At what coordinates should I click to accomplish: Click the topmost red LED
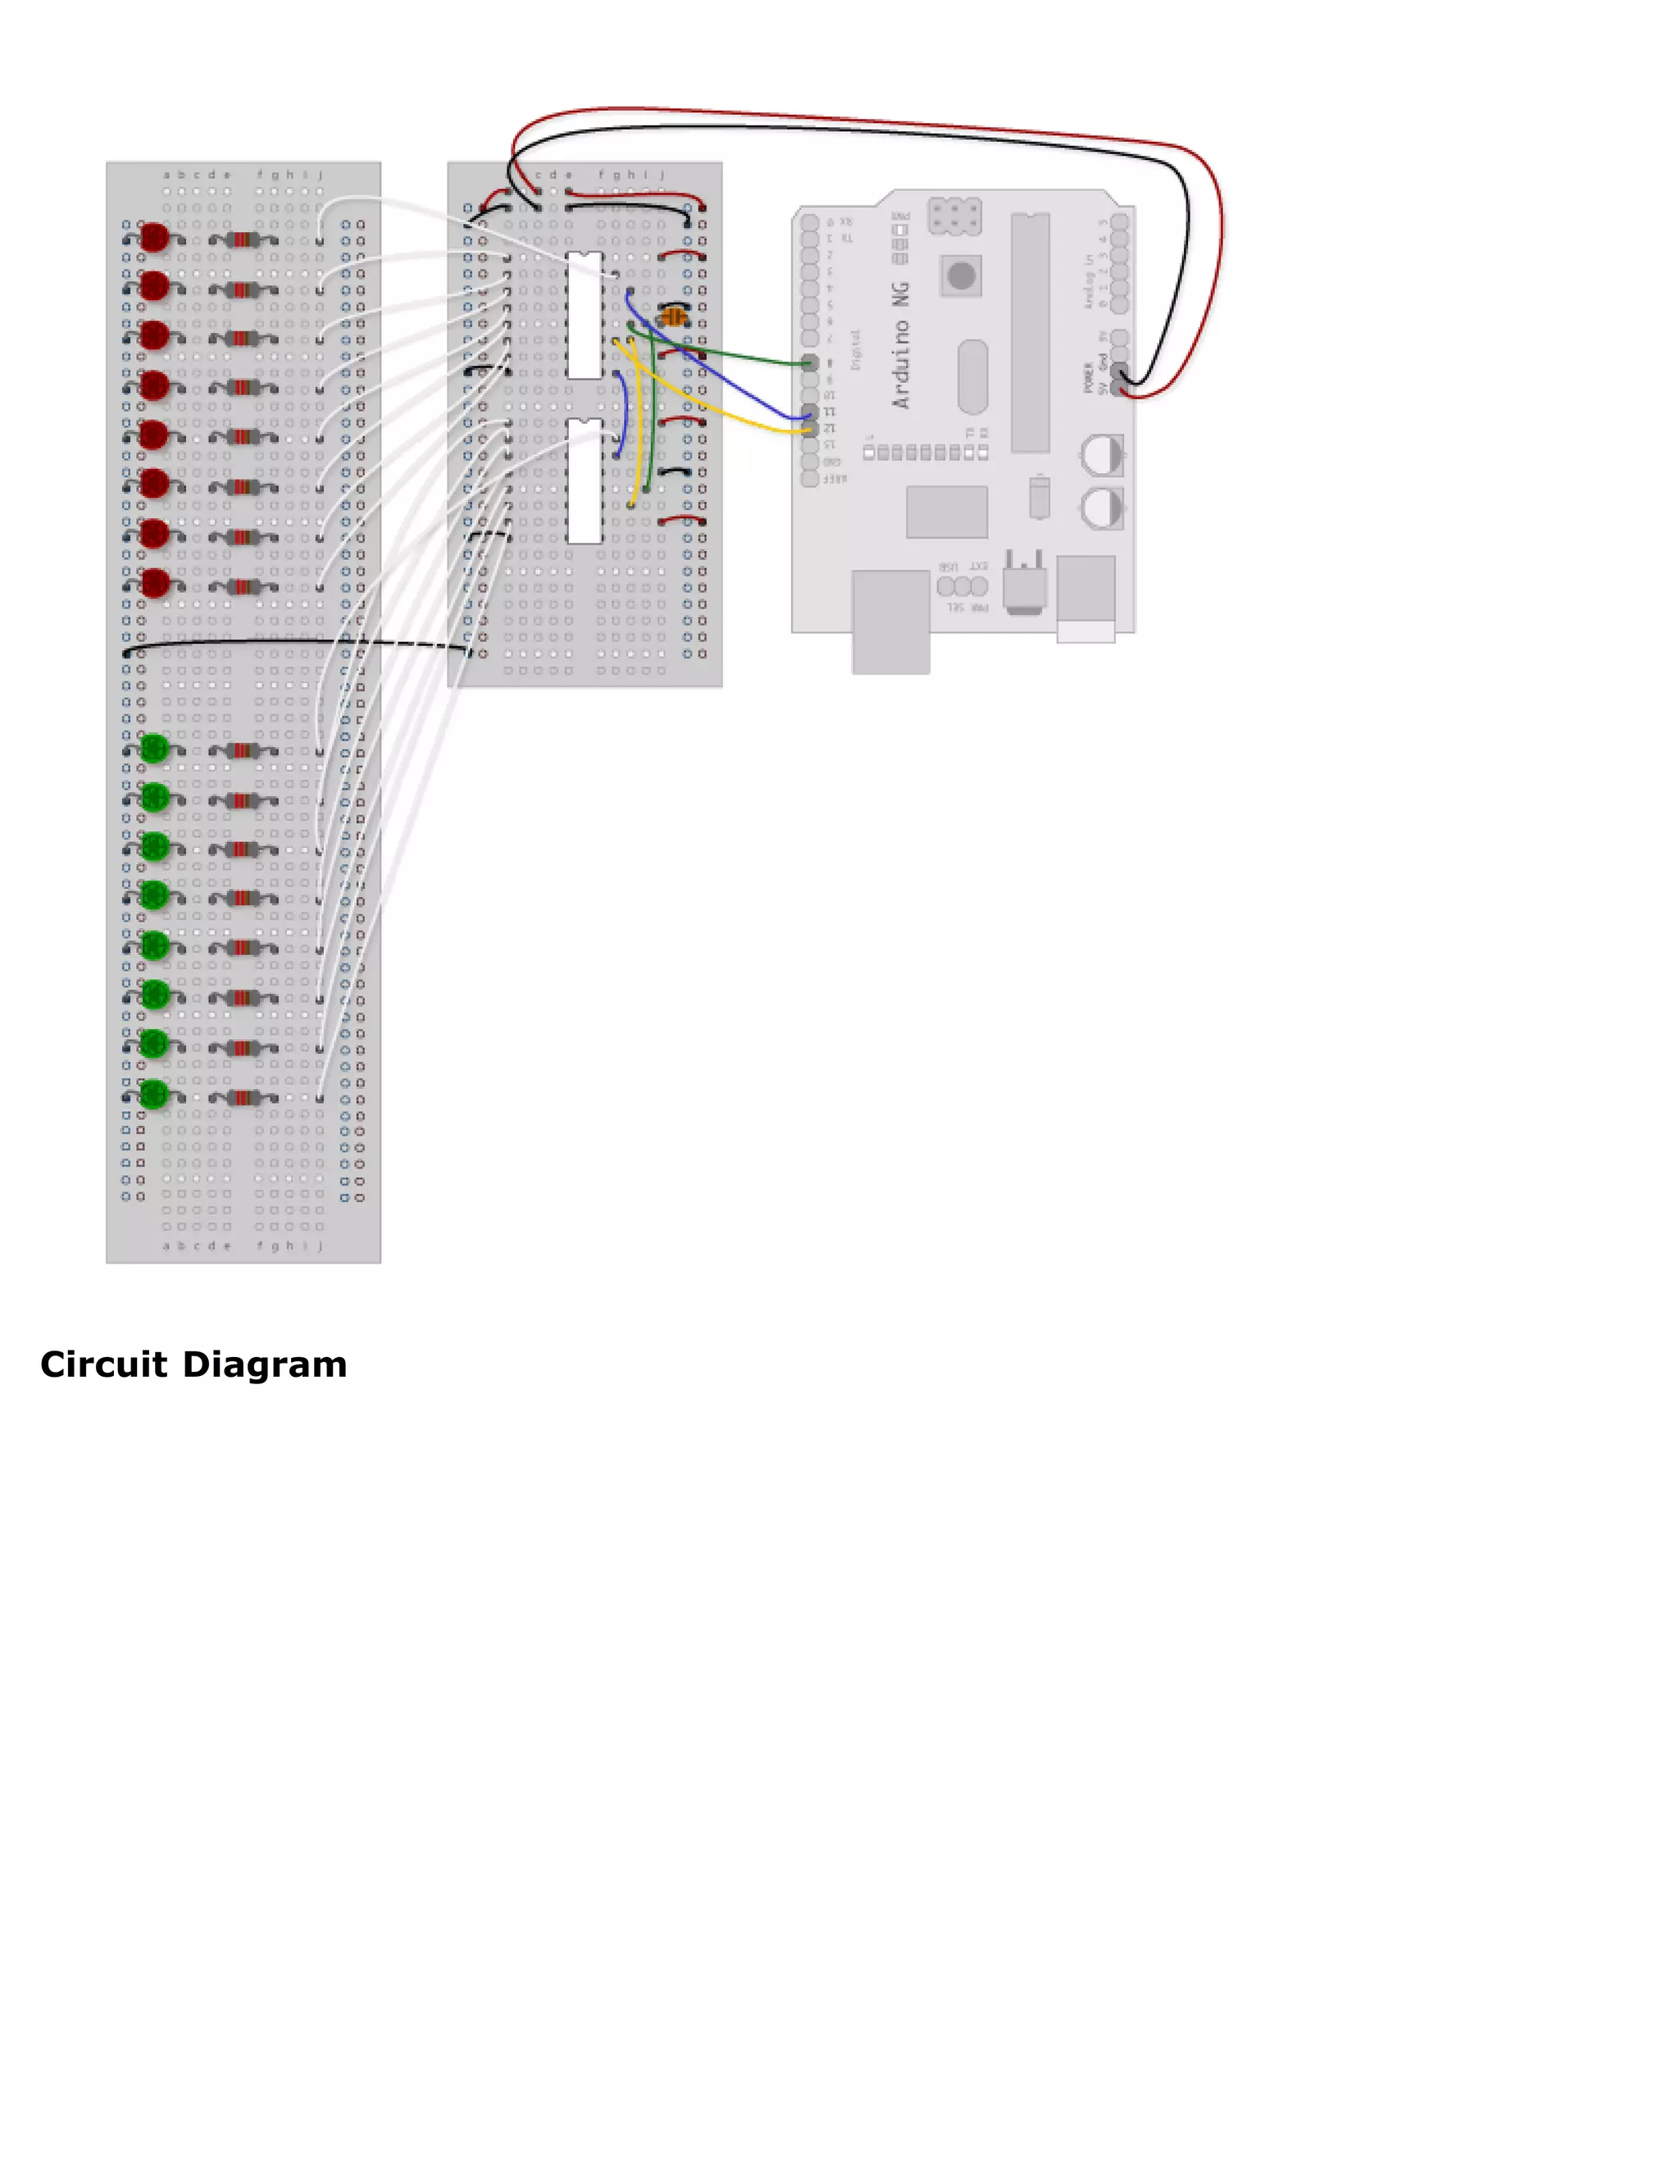154,238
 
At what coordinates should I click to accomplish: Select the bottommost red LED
154,583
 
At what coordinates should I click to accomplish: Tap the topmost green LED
154,748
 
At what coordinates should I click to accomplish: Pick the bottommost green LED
154,1095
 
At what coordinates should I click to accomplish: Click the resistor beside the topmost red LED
243,239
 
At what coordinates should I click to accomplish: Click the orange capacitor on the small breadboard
673,317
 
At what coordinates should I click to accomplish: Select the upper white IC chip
584,316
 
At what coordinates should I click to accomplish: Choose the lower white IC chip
584,481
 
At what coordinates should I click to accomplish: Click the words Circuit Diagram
194,1364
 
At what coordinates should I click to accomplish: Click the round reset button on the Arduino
961,276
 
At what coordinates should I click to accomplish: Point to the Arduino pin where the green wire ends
810,364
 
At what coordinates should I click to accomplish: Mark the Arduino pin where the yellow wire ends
810,429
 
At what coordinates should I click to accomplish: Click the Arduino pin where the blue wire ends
810,413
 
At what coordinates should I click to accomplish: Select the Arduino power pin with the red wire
1121,390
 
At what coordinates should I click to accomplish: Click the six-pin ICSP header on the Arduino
955,216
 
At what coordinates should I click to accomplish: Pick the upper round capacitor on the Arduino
1102,456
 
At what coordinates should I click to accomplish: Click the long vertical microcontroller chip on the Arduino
1031,333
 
